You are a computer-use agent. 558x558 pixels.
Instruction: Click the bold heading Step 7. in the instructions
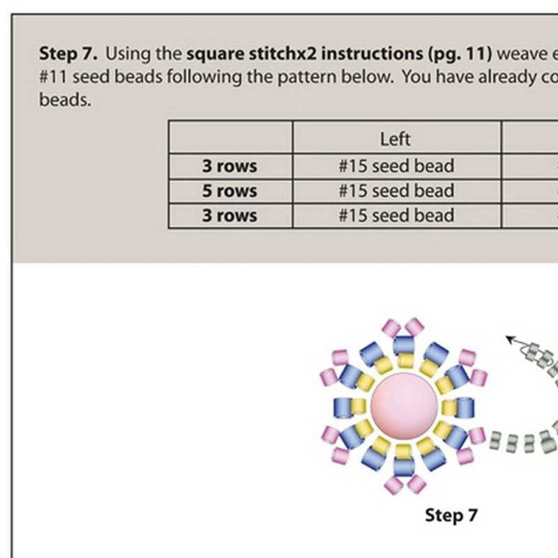pos(68,53)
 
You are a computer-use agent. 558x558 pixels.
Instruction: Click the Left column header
pos(395,139)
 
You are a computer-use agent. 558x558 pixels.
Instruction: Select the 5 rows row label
pos(229,191)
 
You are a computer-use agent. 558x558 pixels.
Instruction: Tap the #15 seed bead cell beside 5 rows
pos(395,191)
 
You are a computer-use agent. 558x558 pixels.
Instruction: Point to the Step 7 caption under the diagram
pos(451,515)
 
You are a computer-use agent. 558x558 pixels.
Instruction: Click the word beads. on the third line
pos(65,100)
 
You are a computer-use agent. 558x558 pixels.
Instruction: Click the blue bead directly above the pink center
pos(404,345)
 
